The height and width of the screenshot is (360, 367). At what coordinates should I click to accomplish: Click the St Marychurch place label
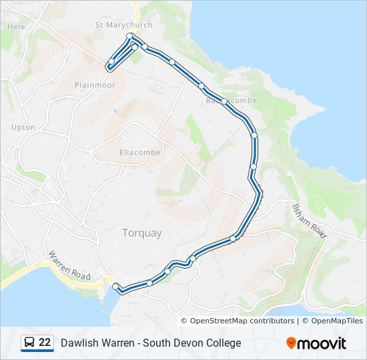coord(124,25)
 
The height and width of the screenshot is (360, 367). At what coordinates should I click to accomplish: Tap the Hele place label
coord(15,27)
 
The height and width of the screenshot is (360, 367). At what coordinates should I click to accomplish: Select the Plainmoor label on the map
coord(95,85)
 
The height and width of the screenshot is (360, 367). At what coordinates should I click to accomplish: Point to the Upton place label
coord(23,127)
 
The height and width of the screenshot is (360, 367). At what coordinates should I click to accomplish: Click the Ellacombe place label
coord(139,153)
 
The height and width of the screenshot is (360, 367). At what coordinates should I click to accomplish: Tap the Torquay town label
coord(141,233)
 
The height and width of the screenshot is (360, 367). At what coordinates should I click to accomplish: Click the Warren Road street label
coord(69,265)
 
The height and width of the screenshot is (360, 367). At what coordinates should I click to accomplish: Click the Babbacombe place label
coord(230,101)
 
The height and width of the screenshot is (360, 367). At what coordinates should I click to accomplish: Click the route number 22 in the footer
coord(45,343)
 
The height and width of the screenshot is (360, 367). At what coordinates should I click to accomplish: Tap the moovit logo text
coord(322,343)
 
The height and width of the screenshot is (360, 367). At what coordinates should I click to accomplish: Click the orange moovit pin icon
coord(292,343)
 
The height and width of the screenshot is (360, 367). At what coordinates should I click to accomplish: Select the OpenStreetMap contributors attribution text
coord(242,321)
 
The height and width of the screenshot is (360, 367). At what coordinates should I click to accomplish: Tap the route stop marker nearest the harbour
coord(116,287)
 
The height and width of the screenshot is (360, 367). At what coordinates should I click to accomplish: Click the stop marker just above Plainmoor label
coord(111,62)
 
